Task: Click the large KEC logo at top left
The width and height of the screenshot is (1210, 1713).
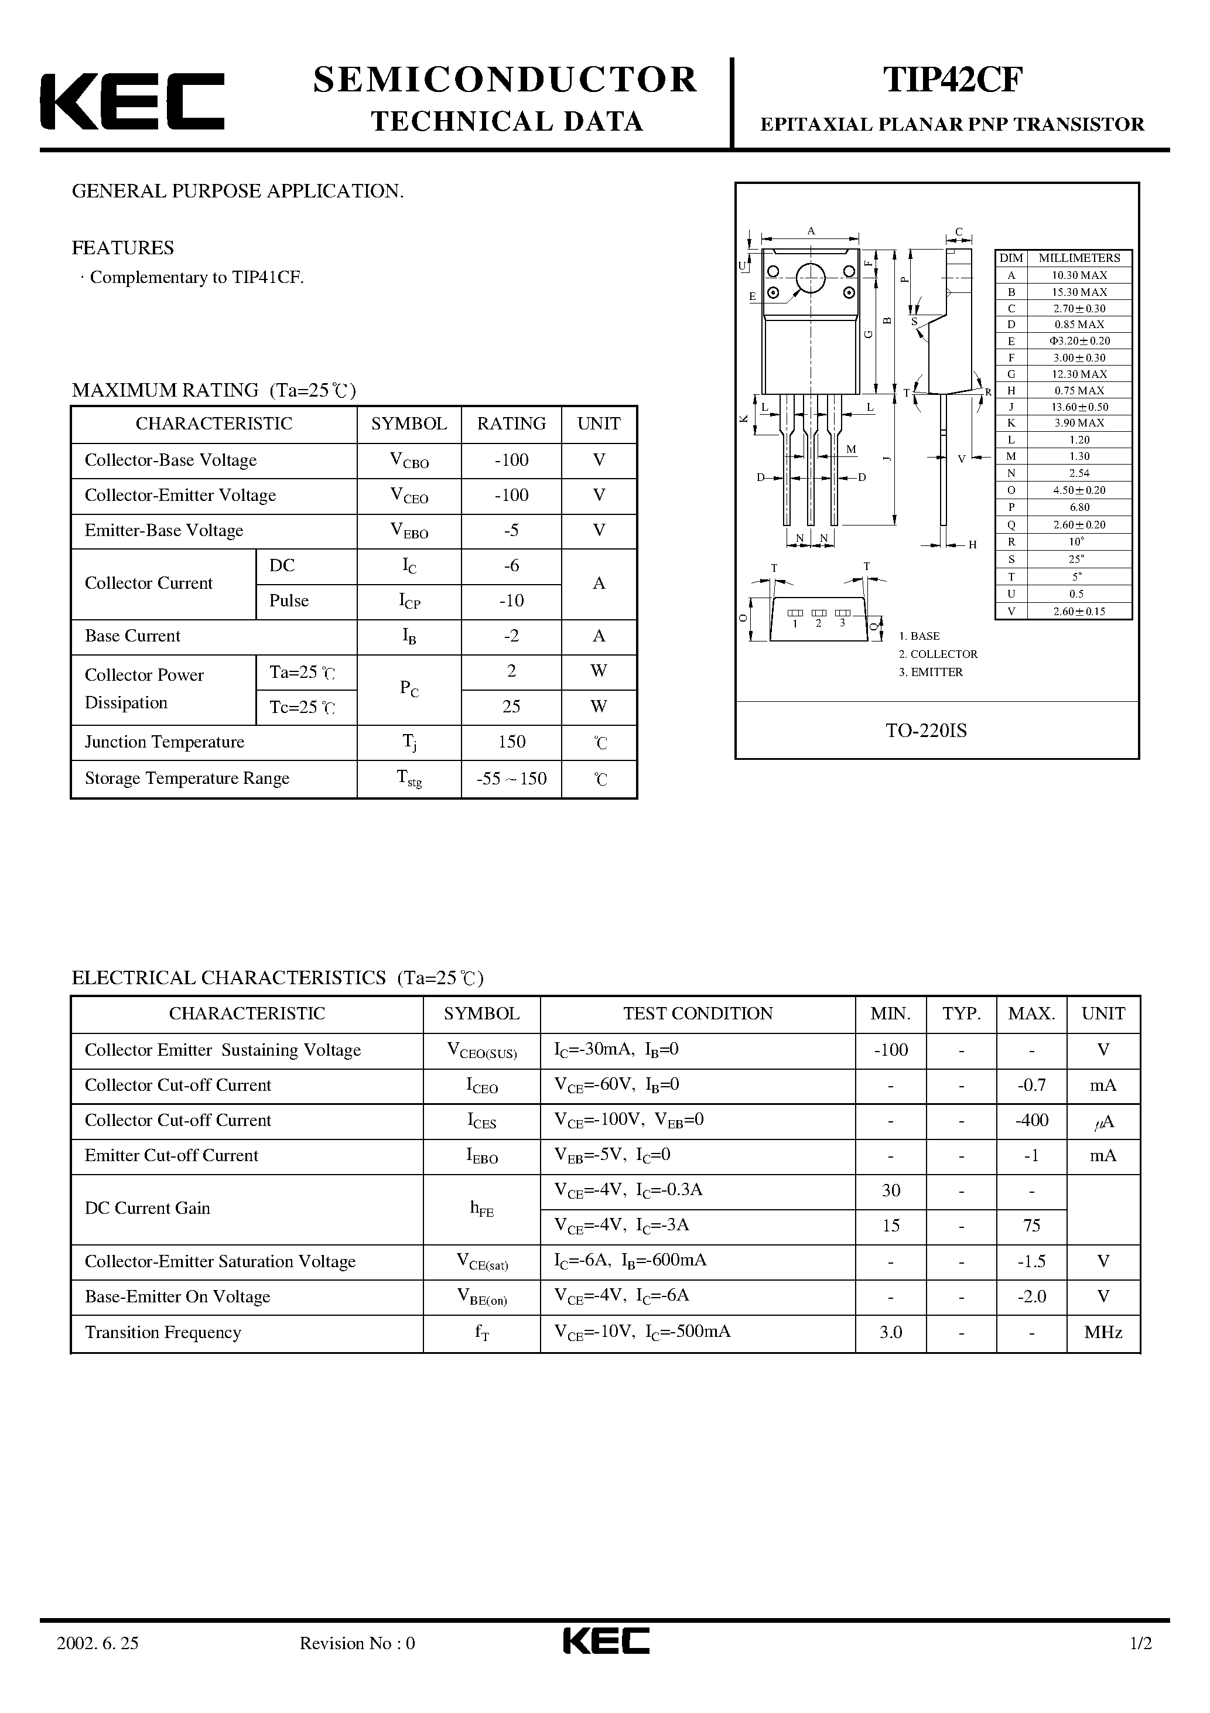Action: tap(132, 101)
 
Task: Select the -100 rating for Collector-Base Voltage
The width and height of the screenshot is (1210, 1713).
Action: tap(511, 460)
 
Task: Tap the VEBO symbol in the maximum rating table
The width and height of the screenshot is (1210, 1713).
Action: tap(409, 531)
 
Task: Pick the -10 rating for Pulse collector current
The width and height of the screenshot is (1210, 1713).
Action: tap(511, 601)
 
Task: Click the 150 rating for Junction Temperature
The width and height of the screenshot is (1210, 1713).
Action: tap(511, 742)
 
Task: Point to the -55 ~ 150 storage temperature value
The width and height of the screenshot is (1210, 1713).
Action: tap(511, 779)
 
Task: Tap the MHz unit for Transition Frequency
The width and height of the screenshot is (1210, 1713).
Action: tap(1103, 1333)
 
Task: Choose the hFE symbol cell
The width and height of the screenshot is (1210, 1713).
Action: tap(482, 1209)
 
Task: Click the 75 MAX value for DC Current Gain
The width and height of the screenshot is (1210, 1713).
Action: tap(1032, 1226)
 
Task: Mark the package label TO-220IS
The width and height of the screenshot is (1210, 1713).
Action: tap(926, 731)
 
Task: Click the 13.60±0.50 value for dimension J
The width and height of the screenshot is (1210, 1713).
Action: tap(1079, 407)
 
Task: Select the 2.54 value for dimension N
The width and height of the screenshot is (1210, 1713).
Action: tap(1079, 473)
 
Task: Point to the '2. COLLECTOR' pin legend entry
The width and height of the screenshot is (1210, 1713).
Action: tap(938, 654)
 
